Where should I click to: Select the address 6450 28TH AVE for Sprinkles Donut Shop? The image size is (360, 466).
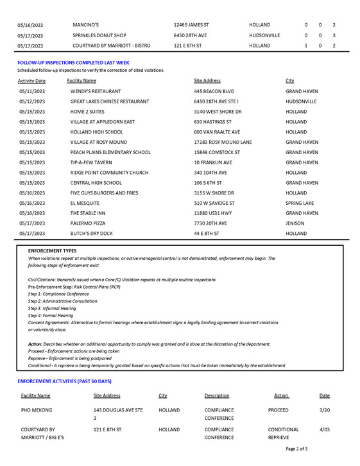[191, 35]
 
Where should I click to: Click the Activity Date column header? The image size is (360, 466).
[31, 81]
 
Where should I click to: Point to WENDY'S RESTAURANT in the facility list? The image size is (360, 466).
[96, 92]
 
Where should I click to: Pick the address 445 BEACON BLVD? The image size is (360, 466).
[214, 92]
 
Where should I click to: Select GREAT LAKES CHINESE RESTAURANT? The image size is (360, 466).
[110, 101]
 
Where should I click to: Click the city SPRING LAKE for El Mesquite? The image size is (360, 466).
[300, 203]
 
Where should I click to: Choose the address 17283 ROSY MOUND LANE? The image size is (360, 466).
[223, 142]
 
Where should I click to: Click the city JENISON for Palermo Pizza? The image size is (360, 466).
[295, 223]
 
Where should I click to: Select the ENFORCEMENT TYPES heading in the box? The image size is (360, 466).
[52, 250]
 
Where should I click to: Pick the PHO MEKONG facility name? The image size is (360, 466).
[36, 410]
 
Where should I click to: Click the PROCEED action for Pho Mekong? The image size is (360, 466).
[278, 410]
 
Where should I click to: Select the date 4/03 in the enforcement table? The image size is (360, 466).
[324, 429]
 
